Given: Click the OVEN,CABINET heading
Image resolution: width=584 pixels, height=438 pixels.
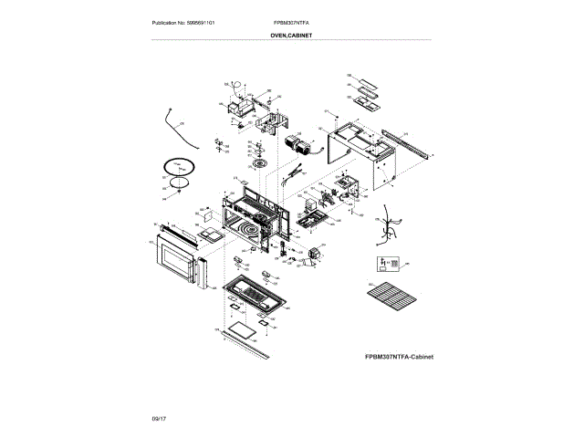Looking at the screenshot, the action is (292, 36).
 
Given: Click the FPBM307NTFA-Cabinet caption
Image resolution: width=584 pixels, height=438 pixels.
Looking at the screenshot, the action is (397, 357).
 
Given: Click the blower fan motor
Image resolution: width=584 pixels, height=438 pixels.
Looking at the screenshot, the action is (297, 144).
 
